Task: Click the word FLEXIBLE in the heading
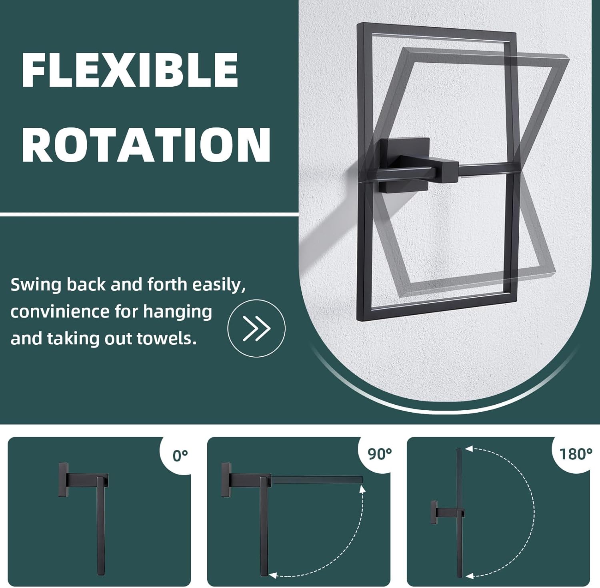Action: pos(130,70)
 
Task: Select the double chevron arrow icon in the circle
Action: pos(256,328)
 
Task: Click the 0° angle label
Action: pos(180,455)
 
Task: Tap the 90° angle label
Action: pos(379,453)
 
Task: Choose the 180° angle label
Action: pos(576,454)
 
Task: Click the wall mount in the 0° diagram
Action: pos(63,480)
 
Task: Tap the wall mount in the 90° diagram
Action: pos(226,480)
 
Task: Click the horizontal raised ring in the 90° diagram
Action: pos(317,479)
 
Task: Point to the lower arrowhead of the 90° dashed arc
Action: pos(273,576)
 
